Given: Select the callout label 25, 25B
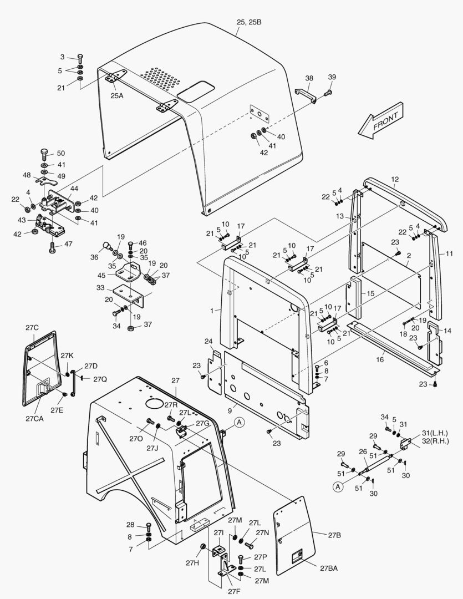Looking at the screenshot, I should [249, 22].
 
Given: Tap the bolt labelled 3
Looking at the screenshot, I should [80, 57].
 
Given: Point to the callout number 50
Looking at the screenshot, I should [61, 153].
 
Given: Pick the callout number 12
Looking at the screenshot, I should [395, 180].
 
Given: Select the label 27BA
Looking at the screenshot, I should [329, 568].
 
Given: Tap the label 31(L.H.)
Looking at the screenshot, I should [435, 433].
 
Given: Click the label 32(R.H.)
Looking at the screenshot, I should [435, 441].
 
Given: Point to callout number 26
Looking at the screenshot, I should [363, 451].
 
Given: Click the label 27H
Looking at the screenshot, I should [192, 564].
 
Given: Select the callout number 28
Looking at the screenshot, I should [130, 525].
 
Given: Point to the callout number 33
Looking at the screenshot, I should [100, 288].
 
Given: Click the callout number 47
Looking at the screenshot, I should [69, 244].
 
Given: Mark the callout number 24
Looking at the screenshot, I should [208, 341].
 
